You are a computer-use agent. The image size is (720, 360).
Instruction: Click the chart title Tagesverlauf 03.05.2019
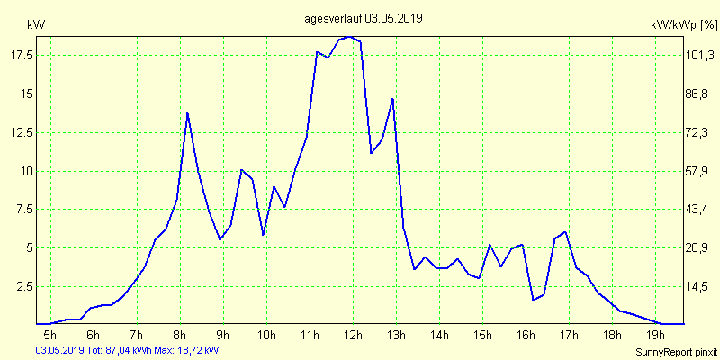360,18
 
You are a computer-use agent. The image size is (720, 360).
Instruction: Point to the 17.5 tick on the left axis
22,55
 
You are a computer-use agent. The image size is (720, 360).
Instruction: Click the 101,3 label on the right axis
700,55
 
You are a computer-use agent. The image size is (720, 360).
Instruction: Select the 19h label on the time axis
655,336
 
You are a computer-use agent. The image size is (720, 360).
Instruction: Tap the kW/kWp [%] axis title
684,26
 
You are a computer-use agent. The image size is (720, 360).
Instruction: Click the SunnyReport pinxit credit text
677,351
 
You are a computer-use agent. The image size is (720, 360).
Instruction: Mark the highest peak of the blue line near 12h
349,37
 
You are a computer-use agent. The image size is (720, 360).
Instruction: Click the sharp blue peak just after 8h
187,113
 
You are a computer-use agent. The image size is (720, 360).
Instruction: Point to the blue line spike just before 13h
393,98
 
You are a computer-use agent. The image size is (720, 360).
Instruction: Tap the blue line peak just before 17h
565,232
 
